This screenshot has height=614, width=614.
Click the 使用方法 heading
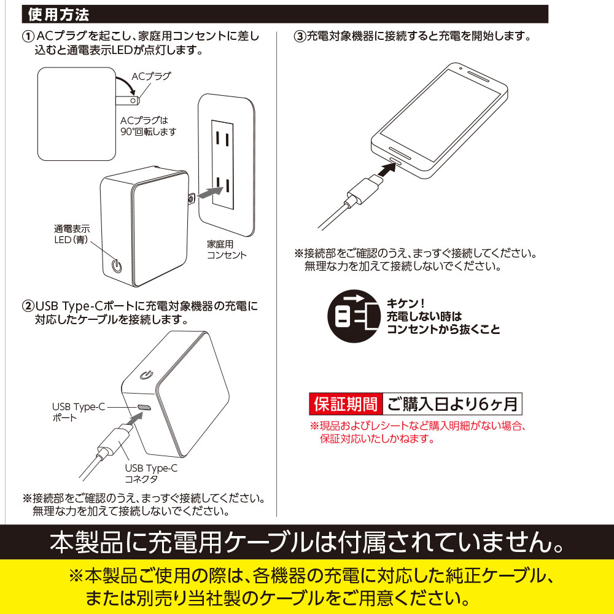pos(59,15)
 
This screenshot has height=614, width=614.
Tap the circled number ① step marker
pos(28,37)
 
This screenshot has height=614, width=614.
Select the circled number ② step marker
pos(28,306)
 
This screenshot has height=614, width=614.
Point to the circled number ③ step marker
pos(300,37)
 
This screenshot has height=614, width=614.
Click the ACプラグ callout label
pos(151,76)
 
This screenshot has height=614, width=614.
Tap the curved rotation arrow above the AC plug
pos(127,84)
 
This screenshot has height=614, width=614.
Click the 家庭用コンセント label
pos(227,249)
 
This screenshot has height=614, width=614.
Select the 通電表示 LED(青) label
pos(72,234)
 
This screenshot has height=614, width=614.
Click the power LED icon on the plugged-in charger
pos(117,266)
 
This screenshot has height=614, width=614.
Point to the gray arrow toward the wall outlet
pos(210,192)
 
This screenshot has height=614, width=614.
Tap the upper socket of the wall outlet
pos(222,139)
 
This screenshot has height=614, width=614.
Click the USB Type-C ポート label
pos(79,413)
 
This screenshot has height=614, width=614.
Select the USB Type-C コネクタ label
pos(151,473)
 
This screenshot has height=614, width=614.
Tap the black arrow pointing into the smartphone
pos(387,170)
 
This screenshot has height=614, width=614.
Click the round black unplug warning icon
pos(354,316)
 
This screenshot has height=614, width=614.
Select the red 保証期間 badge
pos(345,404)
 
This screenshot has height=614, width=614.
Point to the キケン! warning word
pos(405,303)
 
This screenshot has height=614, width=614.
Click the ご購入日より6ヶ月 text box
pos(453,404)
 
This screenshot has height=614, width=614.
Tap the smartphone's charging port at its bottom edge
pos(396,160)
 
